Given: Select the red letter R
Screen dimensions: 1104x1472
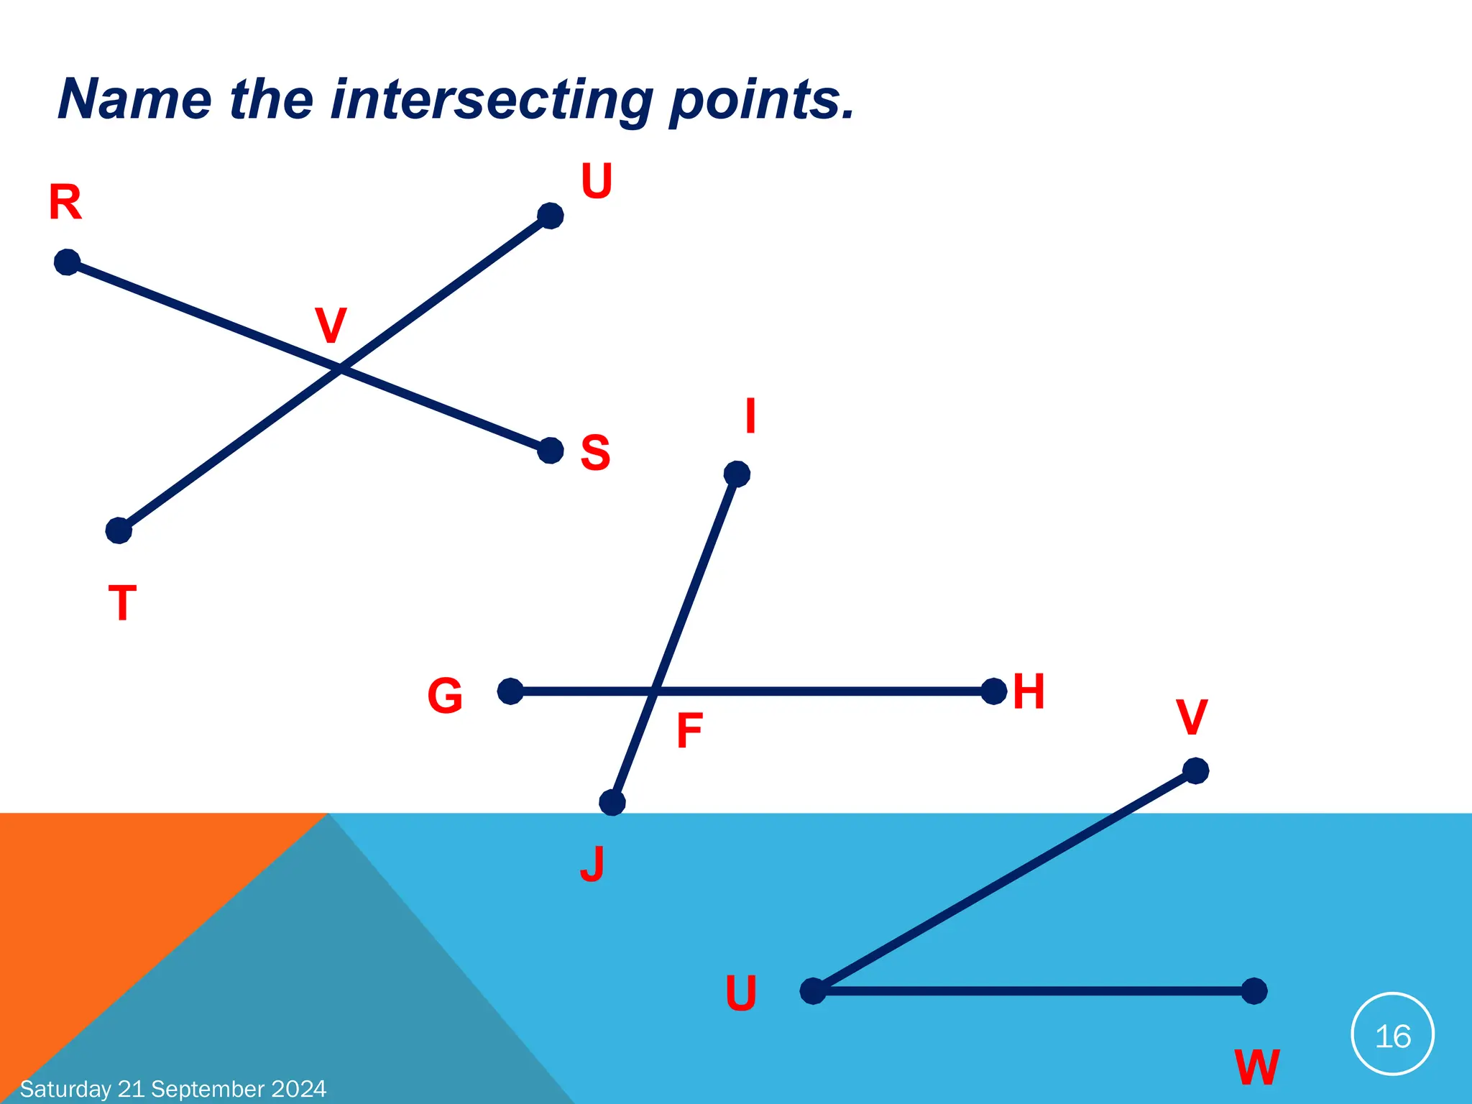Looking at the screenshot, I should point(65,202).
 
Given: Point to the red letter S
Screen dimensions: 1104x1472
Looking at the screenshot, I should point(595,453).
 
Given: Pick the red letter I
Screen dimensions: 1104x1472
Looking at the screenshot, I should point(750,416).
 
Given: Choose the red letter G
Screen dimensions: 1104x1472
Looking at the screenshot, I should point(445,696).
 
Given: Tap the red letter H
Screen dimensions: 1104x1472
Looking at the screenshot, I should point(1029,691).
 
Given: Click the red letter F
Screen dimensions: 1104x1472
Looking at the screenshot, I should point(689,731).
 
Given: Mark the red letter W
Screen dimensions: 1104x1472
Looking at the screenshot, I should point(1257,1067).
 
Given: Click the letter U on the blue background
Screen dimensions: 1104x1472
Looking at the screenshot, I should point(741,993).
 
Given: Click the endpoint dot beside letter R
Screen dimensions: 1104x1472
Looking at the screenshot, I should point(67,262).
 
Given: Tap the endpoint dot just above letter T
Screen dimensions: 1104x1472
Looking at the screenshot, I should point(119,530).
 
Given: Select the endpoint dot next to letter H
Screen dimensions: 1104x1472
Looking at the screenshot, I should point(993,691).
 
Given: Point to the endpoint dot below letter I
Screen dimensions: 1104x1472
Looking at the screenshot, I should point(737,474).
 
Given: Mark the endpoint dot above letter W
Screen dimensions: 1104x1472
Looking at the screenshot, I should point(1254,991).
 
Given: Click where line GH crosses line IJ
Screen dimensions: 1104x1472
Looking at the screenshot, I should point(655,691).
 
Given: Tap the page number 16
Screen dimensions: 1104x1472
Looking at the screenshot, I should point(1393,1036).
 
